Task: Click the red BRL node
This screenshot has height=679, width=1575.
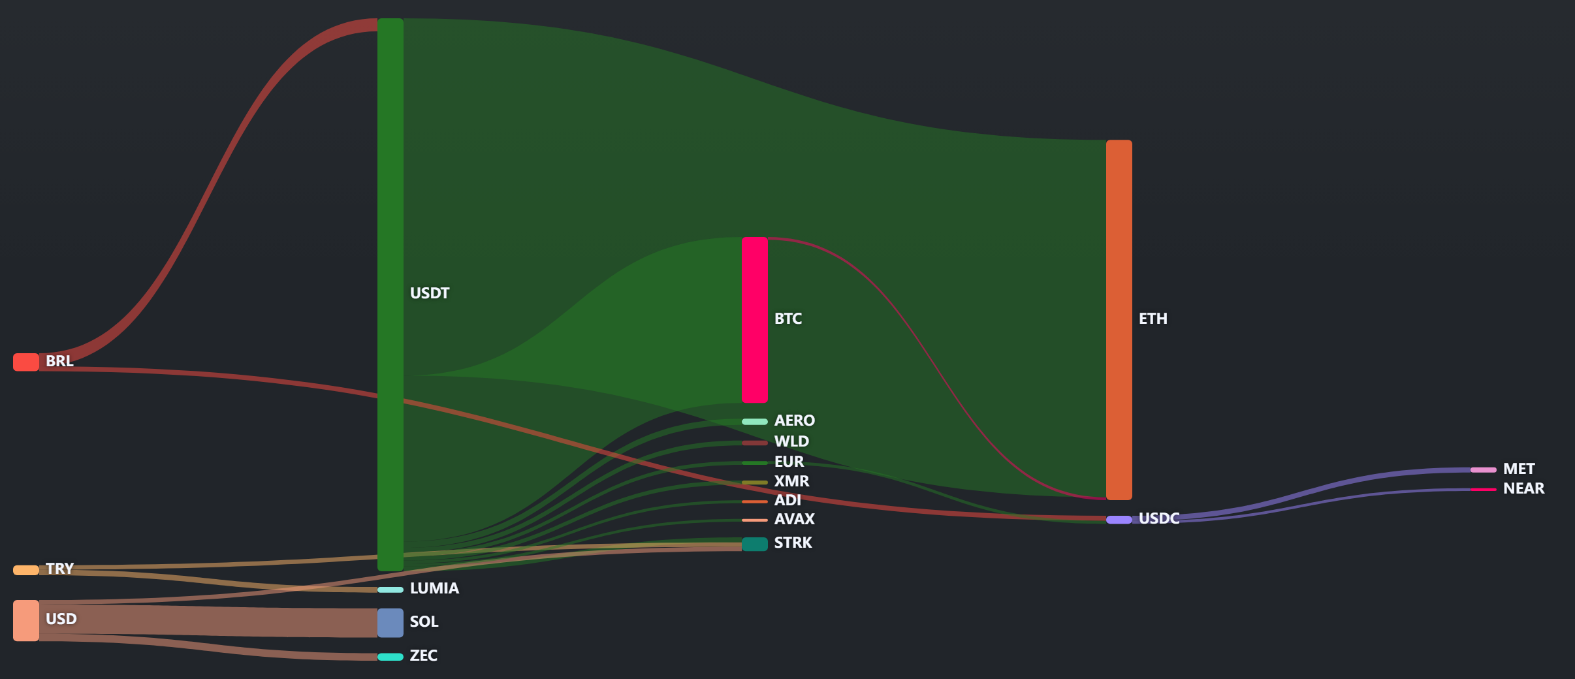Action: (x=26, y=362)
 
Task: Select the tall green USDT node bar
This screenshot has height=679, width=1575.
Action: (x=390, y=294)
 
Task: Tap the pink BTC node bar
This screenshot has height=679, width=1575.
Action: (x=755, y=320)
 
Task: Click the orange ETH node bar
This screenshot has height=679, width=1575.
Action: (x=1119, y=320)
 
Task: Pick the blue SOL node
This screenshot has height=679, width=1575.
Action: (x=390, y=623)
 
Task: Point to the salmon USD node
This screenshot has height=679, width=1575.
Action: (x=26, y=620)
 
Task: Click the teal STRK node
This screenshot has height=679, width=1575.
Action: (x=755, y=544)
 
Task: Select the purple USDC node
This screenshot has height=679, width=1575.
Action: (x=1119, y=520)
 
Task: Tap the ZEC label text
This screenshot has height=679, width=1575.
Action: (x=424, y=655)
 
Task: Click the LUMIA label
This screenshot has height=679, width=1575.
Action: (x=434, y=588)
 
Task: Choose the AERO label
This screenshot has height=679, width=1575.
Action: (x=795, y=420)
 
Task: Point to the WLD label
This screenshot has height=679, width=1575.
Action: (x=791, y=441)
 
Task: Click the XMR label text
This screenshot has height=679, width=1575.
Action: (x=791, y=481)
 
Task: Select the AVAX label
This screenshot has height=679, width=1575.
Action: (x=795, y=519)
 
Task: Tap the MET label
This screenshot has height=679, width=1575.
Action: (x=1519, y=469)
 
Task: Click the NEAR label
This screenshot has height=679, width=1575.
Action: (x=1524, y=488)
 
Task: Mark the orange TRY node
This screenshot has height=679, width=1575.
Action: (x=26, y=570)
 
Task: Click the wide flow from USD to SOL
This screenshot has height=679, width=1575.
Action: (x=208, y=622)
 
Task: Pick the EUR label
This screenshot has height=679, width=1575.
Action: (x=789, y=462)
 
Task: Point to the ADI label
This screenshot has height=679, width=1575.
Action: (x=788, y=500)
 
